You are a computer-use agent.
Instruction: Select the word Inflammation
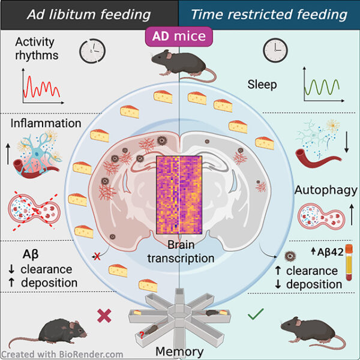(46, 124)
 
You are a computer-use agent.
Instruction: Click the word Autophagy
(326, 190)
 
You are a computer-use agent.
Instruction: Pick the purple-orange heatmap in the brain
(180, 195)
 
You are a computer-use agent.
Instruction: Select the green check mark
(255, 314)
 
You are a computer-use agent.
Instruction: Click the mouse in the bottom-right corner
(306, 329)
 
